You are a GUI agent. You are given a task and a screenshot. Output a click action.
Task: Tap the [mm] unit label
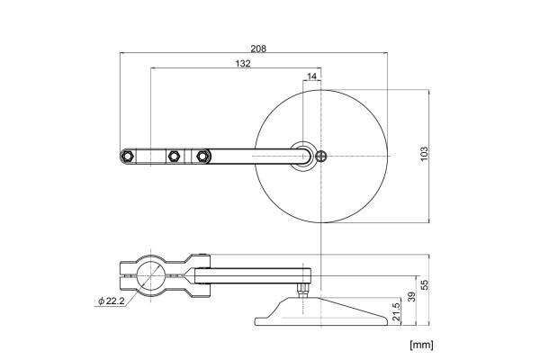pyautogui.click(x=422, y=344)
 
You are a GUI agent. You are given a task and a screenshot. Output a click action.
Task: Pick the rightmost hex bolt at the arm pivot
pyautogui.click(x=202, y=156)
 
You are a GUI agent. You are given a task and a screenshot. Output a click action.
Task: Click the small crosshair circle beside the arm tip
pyautogui.click(x=321, y=156)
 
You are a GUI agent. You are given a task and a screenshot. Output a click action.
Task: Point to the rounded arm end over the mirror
pyautogui.click(x=304, y=156)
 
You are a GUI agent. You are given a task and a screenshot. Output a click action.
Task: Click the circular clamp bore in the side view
pyautogui.click(x=151, y=274)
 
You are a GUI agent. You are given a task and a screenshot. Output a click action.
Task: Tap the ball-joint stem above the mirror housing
pyautogui.click(x=301, y=292)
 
